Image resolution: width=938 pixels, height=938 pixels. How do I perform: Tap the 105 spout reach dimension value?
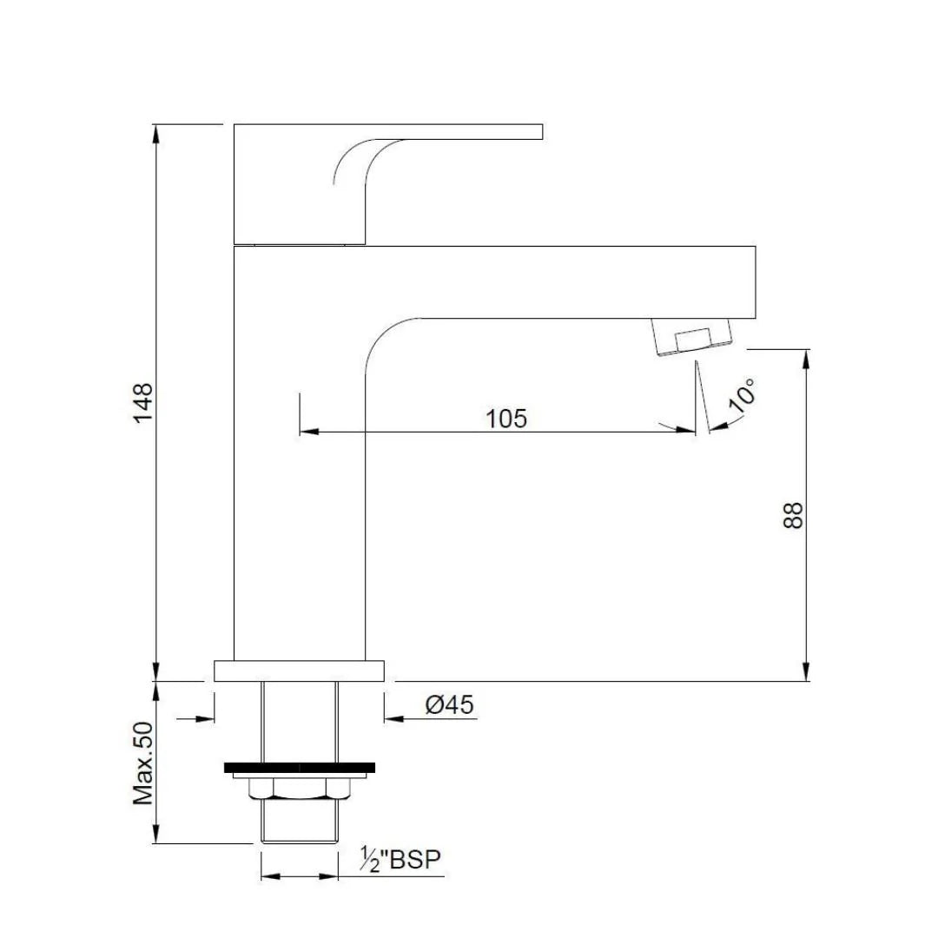click(x=506, y=419)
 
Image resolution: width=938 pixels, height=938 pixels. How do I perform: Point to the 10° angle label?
click(x=743, y=396)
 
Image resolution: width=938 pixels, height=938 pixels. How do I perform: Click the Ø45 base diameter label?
click(x=449, y=705)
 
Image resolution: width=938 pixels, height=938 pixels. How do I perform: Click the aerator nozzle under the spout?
click(x=690, y=336)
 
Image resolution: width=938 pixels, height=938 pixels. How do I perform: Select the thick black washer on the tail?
click(x=300, y=767)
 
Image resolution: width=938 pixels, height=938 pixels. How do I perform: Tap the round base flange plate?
click(x=300, y=670)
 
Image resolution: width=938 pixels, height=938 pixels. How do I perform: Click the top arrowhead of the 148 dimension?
click(x=156, y=133)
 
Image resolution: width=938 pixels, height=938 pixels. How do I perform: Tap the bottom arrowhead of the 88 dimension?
click(x=808, y=672)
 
